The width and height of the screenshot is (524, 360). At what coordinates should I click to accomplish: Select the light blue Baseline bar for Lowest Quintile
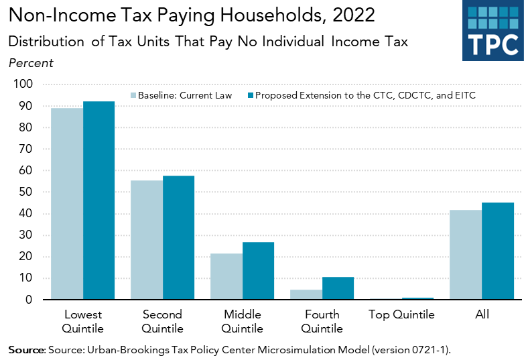click(67, 204)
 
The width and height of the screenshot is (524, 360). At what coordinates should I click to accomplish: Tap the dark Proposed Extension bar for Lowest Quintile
click(99, 200)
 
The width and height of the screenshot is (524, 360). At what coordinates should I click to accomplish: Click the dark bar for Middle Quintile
click(258, 271)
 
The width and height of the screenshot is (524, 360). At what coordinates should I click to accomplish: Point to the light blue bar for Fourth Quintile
click(306, 295)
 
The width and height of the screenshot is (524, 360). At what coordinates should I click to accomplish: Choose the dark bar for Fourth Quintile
click(338, 288)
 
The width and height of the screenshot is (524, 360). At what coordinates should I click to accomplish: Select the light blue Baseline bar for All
click(466, 255)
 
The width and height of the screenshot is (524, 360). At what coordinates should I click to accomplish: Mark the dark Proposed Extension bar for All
click(498, 251)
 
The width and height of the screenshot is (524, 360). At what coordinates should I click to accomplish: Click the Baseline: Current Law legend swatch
click(133, 95)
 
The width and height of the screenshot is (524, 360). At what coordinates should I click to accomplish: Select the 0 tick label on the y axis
click(29, 300)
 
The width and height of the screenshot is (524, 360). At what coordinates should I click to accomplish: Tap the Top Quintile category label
click(401, 314)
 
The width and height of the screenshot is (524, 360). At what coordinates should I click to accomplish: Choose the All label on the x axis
click(481, 314)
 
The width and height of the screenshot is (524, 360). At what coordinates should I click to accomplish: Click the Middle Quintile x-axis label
click(242, 321)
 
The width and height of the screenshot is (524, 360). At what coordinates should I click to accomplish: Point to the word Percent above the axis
click(31, 63)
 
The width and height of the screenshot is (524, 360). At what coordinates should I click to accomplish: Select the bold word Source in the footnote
click(26, 350)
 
